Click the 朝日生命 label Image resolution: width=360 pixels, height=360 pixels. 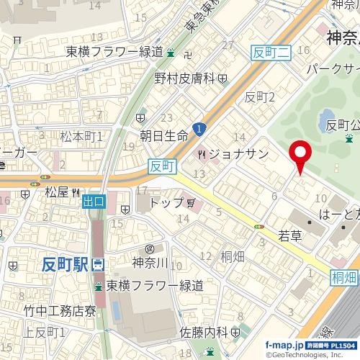(163, 135)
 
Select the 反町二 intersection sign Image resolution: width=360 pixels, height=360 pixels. (271, 51)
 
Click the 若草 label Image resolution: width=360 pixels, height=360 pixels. (292, 235)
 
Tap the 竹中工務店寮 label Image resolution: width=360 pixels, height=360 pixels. (59, 311)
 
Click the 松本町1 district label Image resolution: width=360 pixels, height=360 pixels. (81, 135)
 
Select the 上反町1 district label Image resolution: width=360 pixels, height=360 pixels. (44, 332)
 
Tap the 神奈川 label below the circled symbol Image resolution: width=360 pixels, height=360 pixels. (150, 264)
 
